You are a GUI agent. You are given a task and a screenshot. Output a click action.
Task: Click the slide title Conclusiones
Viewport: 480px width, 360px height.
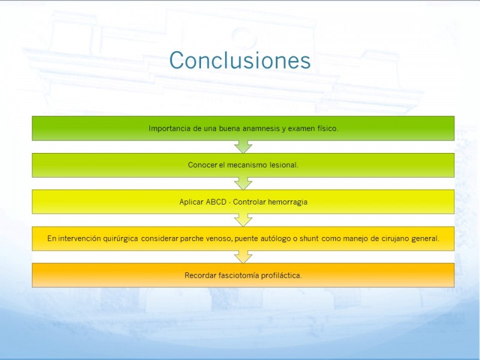(x=240, y=60)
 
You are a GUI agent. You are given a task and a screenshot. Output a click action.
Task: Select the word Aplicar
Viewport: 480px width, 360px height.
(x=191, y=202)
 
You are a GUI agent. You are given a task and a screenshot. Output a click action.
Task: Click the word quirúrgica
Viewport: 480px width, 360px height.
(x=121, y=238)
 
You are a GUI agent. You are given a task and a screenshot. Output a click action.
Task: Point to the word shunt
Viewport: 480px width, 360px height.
(x=309, y=238)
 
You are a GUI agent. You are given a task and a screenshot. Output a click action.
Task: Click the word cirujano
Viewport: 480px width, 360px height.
(x=395, y=239)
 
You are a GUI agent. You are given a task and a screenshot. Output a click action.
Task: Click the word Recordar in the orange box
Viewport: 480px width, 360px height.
(x=200, y=275)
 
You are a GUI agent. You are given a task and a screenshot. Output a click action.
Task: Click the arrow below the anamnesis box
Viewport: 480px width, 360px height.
(x=244, y=147)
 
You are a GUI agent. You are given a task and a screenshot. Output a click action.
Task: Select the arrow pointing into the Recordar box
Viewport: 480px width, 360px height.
(x=244, y=257)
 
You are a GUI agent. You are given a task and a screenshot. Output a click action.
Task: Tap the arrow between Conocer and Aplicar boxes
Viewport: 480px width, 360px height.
(x=244, y=184)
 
